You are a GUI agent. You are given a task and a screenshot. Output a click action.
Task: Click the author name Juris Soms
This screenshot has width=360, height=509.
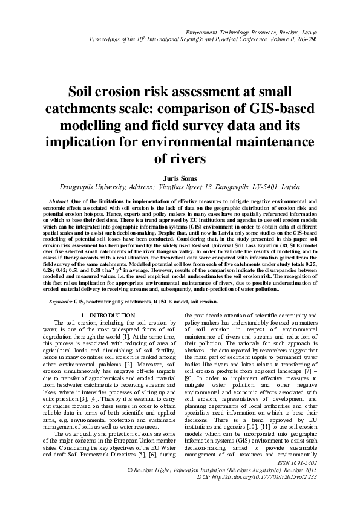(x=180, y=178)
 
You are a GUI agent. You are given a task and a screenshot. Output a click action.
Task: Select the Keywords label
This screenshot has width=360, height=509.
(x=58, y=300)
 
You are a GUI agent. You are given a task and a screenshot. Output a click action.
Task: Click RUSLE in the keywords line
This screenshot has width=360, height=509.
(x=149, y=300)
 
